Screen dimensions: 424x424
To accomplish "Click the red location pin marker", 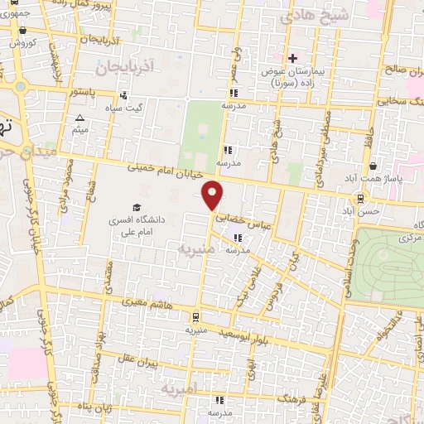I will pyautogui.click(x=213, y=195).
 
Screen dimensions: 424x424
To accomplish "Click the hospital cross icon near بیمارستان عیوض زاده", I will pyautogui.click(x=291, y=58).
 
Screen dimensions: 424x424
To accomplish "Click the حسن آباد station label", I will pyautogui.click(x=364, y=211).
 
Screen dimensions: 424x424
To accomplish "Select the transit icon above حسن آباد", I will pyautogui.click(x=359, y=198).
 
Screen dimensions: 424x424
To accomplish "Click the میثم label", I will pyautogui.click(x=79, y=130).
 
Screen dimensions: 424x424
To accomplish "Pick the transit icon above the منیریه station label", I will pyautogui.click(x=195, y=316).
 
